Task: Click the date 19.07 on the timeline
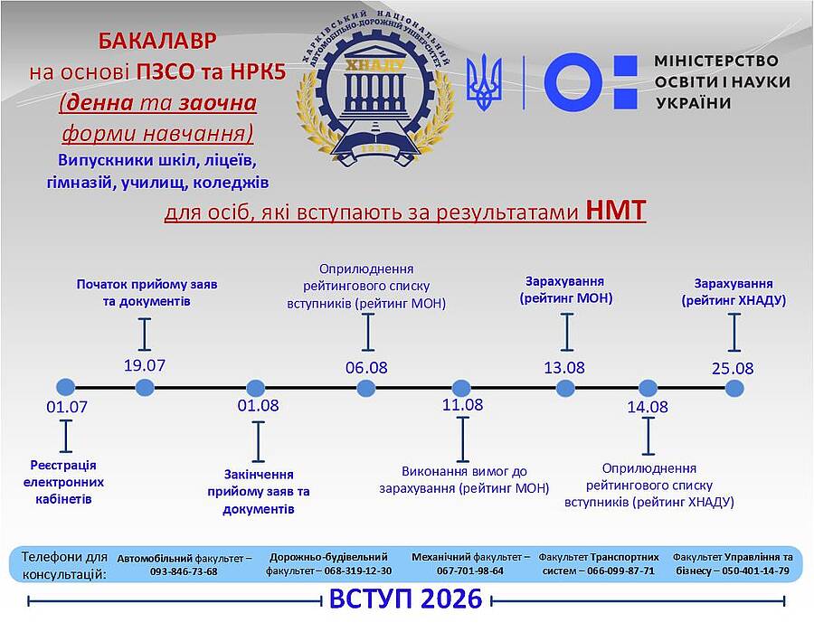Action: tap(145, 366)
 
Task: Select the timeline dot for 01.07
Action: tap(63, 387)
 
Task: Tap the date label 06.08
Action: tap(366, 367)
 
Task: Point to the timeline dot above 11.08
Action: tap(461, 388)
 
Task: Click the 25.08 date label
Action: tap(733, 368)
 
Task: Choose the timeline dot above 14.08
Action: tap(648, 388)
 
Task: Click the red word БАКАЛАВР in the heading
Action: tap(157, 42)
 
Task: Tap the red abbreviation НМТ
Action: tap(616, 212)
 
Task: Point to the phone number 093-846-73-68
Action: tap(184, 571)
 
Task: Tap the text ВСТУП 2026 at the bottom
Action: tap(405, 599)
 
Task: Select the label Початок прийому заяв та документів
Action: tap(147, 292)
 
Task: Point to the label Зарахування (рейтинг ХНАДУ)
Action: tap(734, 291)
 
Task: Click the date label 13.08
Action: tap(564, 368)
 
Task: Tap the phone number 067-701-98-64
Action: tap(469, 571)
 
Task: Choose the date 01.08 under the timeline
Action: tap(258, 406)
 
